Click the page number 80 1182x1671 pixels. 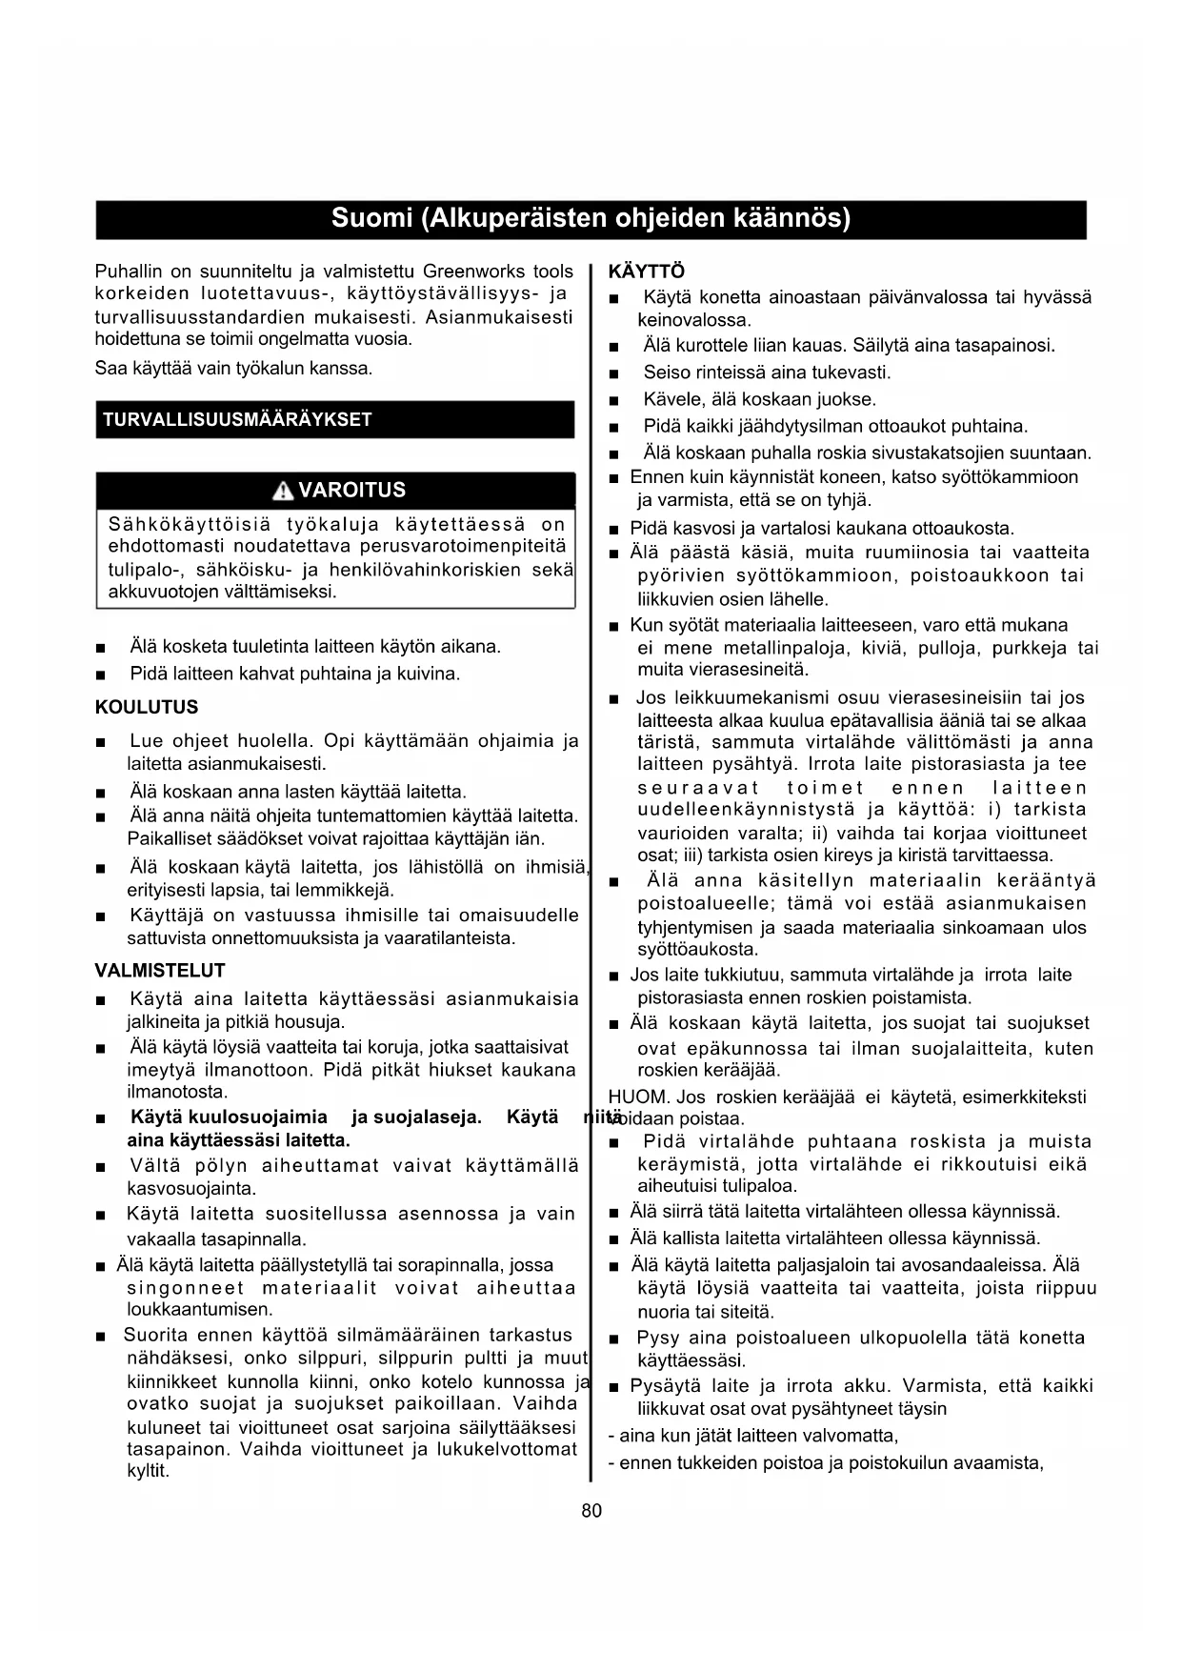(x=591, y=1511)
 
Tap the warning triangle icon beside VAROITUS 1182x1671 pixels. (x=283, y=492)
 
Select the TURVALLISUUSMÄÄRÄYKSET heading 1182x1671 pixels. (x=237, y=420)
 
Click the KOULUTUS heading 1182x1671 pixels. (x=147, y=707)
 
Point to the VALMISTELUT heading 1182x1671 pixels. (x=160, y=971)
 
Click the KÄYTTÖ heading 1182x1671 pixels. (x=646, y=272)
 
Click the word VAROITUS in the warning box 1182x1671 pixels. (x=351, y=491)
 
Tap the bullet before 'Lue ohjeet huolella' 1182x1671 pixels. (x=101, y=742)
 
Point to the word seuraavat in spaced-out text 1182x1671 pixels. (x=698, y=788)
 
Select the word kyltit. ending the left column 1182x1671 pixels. (x=148, y=1471)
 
